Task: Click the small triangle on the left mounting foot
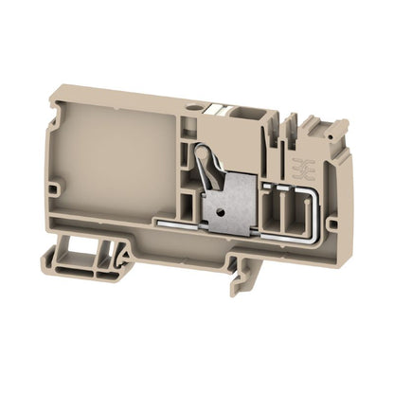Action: click(122, 255)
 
